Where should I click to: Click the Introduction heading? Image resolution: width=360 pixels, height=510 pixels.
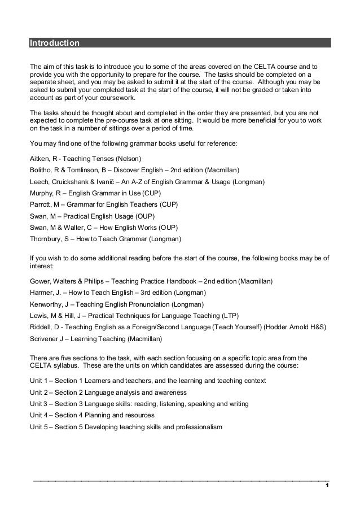point(55,43)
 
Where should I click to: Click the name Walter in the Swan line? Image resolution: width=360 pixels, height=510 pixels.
point(76,228)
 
